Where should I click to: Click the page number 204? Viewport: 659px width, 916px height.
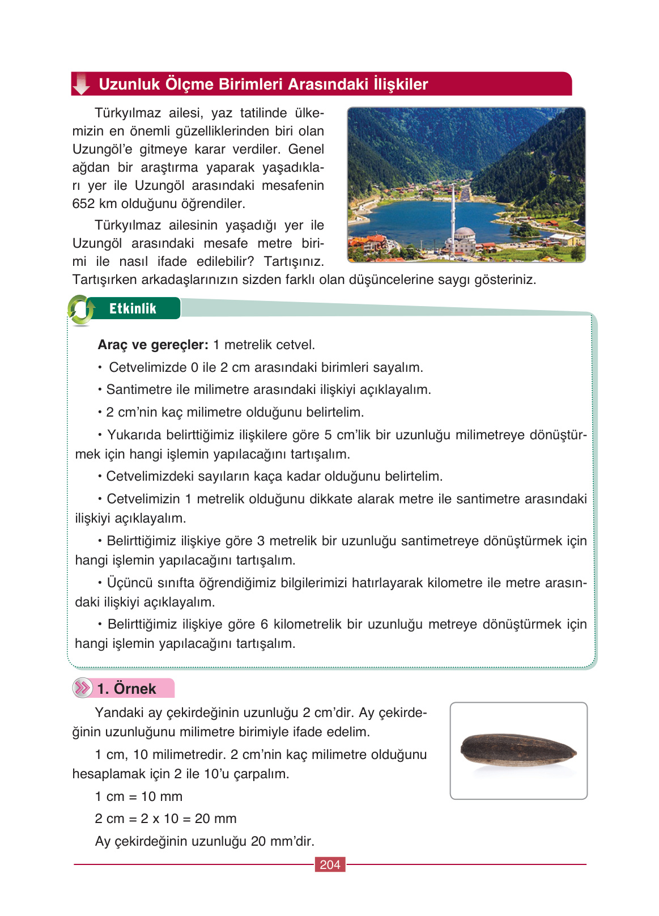pyautogui.click(x=330, y=864)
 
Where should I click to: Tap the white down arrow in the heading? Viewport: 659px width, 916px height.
pyautogui.click(x=82, y=84)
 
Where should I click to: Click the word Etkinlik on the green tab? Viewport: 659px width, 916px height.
pyautogui.click(x=133, y=308)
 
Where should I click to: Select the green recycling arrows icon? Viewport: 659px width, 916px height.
pyautogui.click(x=81, y=309)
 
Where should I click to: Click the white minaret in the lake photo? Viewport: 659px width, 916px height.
pyautogui.click(x=453, y=213)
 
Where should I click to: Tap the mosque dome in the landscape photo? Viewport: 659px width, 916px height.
pyautogui.click(x=465, y=234)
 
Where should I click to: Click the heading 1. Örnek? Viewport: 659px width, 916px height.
pyautogui.click(x=126, y=689)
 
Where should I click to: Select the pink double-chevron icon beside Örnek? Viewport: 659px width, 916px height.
pyautogui.click(x=83, y=688)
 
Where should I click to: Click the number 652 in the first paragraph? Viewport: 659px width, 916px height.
pyautogui.click(x=83, y=203)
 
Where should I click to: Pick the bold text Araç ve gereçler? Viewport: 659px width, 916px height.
pyautogui.click(x=153, y=345)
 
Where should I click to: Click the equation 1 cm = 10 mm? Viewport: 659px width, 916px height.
pyautogui.click(x=139, y=796)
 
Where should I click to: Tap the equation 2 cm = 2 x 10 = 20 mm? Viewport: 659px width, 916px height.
pyautogui.click(x=165, y=819)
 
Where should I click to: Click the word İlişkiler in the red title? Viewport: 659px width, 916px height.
pyautogui.click(x=400, y=84)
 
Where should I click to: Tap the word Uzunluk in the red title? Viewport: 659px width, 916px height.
pyautogui.click(x=129, y=84)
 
